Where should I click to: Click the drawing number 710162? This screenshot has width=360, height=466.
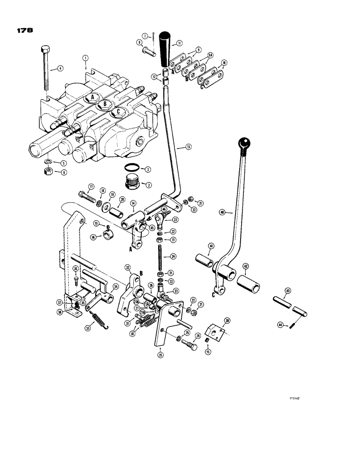click(x=295, y=398)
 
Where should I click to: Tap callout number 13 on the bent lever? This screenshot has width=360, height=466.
click(x=188, y=147)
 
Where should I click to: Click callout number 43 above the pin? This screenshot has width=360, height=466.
click(x=288, y=291)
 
